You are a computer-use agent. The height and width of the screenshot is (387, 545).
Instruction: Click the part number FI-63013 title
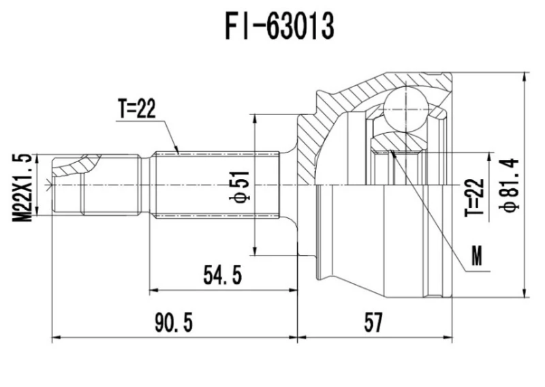pyautogui.click(x=280, y=27)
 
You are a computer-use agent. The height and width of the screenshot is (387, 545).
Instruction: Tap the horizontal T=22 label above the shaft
pyautogui.click(x=136, y=109)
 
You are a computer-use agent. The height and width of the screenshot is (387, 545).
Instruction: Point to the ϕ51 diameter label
pyautogui.click(x=243, y=185)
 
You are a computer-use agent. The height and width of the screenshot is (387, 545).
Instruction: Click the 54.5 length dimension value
pyautogui.click(x=223, y=277)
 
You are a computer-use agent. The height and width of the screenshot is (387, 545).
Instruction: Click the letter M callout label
pyautogui.click(x=477, y=258)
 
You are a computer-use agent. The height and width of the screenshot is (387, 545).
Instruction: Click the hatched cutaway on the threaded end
pyautogui.click(x=76, y=164)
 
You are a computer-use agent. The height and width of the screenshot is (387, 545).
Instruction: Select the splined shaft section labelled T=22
pyautogui.click(x=218, y=185)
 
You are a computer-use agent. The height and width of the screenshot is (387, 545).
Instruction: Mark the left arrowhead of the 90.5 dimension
pyautogui.click(x=56, y=337)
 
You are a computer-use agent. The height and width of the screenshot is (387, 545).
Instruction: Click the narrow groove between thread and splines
pyautogui.click(x=145, y=185)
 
